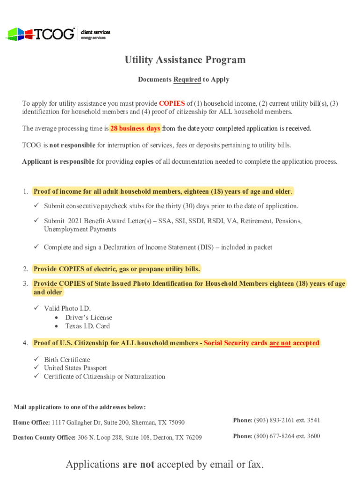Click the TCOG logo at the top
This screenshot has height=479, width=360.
click(x=40, y=34)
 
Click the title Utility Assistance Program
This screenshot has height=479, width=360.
click(x=185, y=60)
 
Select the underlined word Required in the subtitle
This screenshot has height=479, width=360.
click(x=187, y=80)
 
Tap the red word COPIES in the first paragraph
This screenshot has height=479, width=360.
click(x=172, y=103)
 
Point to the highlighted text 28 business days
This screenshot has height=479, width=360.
click(x=135, y=128)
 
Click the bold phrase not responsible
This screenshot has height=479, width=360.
click(x=72, y=145)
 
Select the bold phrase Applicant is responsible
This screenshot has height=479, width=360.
click(x=58, y=162)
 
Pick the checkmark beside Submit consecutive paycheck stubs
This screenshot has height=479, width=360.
click(x=36, y=206)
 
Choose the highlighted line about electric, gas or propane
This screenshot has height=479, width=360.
click(x=116, y=269)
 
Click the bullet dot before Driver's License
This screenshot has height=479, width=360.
click(x=57, y=318)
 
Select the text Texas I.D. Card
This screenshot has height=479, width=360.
click(x=87, y=326)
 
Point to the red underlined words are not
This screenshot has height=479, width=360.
click(x=280, y=343)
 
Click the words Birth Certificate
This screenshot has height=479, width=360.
click(x=67, y=360)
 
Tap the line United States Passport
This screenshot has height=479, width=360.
click(x=75, y=368)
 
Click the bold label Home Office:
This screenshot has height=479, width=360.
click(x=31, y=422)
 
